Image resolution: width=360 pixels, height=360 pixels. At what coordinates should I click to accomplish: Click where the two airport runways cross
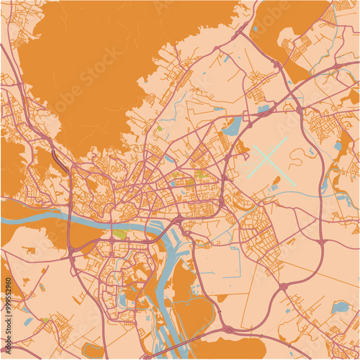(x=267, y=157)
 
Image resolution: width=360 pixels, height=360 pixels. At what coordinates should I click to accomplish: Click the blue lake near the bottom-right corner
(x=340, y=307)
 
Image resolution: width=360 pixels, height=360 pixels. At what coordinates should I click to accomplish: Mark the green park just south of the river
(x=120, y=234)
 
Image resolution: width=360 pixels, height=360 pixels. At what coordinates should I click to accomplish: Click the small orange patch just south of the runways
(x=275, y=179)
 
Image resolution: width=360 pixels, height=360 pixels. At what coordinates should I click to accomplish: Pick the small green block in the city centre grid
(x=201, y=174)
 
